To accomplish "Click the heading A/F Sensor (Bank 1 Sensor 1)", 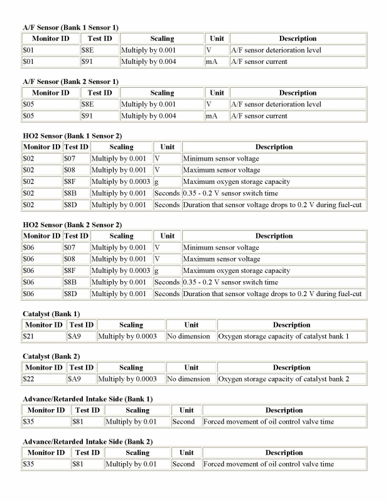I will pos(70,28).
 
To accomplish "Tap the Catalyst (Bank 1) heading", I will pos(51,313).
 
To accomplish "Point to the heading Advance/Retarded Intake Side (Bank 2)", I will pos(87,442).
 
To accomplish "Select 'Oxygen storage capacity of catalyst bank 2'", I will pos(283,379).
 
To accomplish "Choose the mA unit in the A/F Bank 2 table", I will pos(212,116).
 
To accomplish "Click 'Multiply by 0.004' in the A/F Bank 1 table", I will pos(149,62).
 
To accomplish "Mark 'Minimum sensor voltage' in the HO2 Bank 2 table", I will pos(221,248).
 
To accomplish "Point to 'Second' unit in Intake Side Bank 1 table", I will pos(183,422).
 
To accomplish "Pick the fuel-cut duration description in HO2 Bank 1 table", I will pos(272,205).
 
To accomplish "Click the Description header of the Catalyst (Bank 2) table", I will pos(291,368).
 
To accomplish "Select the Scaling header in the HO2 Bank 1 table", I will pos(121,147).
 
